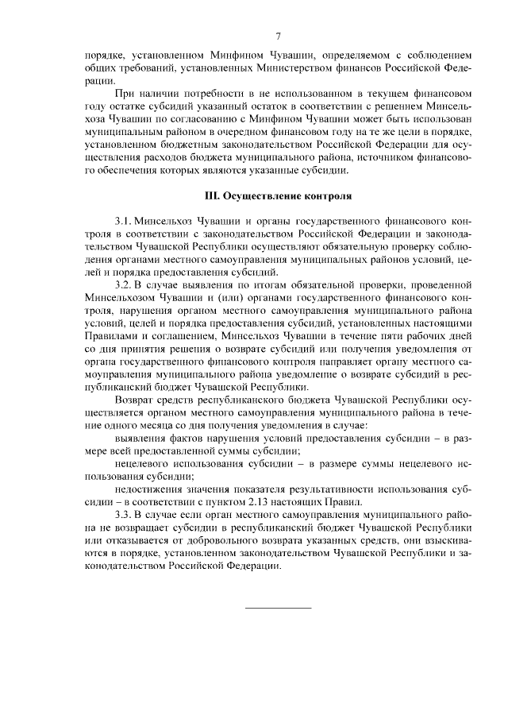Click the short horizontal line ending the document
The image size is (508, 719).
(x=278, y=608)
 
